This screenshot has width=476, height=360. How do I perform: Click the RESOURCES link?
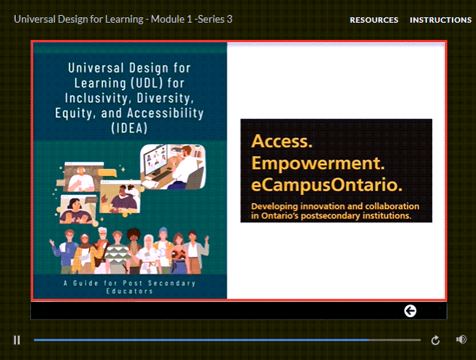(374, 20)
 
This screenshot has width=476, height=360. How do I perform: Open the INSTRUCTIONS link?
(441, 20)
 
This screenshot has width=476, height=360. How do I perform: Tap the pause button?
(17, 340)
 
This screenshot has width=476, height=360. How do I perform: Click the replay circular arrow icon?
(435, 340)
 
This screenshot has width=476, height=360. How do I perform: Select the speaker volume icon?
(461, 340)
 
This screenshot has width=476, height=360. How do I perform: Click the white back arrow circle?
(410, 311)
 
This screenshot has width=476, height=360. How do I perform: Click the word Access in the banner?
(282, 141)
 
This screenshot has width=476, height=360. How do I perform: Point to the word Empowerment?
(318, 163)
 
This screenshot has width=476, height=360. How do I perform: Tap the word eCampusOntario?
(327, 185)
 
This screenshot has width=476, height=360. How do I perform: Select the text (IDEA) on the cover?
(129, 128)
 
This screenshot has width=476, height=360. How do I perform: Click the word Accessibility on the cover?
(165, 113)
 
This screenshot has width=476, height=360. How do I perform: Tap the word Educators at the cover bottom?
(129, 291)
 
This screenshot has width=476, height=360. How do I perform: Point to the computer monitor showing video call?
(157, 160)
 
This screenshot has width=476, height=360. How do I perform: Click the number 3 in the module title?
(230, 19)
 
